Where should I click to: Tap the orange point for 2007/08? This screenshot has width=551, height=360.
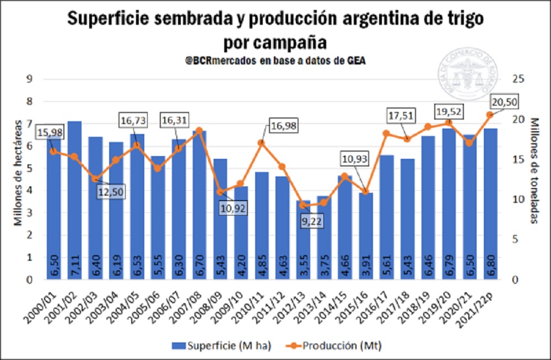coord(199,130)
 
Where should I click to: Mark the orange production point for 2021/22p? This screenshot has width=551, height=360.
coord(490,115)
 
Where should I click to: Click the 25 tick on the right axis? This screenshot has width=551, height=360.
coord(516,79)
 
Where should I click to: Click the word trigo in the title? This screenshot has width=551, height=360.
coord(466,20)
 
